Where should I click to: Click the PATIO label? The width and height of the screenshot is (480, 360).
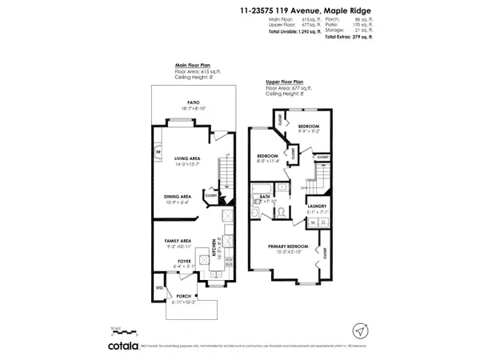pos(193,102)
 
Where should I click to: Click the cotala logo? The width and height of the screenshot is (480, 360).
pos(128,345)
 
